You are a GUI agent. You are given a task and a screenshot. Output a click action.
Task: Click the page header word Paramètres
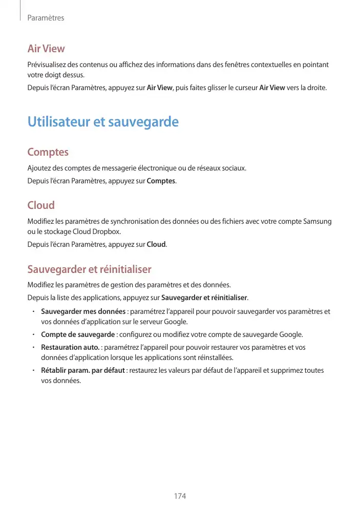[x=46, y=18]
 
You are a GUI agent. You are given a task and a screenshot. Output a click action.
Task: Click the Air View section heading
[x=46, y=49]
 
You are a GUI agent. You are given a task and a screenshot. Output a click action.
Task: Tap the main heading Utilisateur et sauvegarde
[x=103, y=122]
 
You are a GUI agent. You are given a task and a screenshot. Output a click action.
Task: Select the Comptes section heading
[x=48, y=153]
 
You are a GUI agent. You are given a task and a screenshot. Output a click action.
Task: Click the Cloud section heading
[x=41, y=205]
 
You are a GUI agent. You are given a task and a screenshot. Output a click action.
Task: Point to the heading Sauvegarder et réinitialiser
[x=89, y=269]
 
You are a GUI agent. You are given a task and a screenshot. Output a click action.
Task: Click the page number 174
[x=180, y=497]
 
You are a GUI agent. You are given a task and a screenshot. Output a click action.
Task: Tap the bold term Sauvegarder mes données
[x=83, y=311]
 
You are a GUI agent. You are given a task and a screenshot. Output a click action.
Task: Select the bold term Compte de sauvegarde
[x=78, y=335]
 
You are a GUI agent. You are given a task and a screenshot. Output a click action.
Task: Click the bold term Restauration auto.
[x=70, y=347]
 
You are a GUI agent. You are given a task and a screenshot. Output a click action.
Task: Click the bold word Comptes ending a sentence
[x=161, y=181]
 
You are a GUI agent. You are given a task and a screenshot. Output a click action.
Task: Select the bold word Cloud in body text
[x=156, y=244]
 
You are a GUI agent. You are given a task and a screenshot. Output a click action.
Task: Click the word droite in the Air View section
[x=313, y=88]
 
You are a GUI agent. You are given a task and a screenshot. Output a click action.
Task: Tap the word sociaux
[x=235, y=168]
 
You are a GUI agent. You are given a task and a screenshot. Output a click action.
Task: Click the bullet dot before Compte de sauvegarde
[x=32, y=335]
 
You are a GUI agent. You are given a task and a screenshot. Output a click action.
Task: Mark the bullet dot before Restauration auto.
[x=32, y=347]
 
